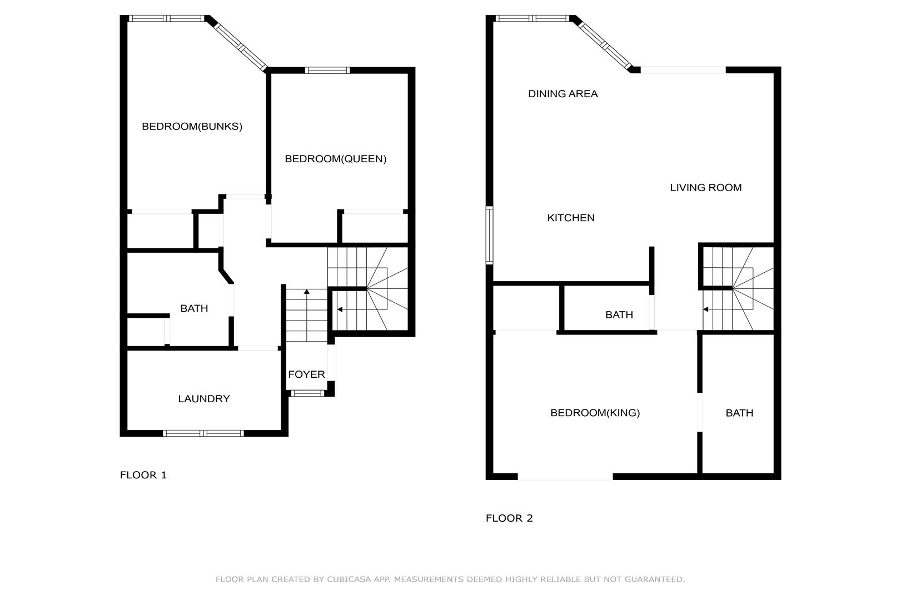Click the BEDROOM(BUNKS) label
click(192, 127)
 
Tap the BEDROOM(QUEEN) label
click(336, 159)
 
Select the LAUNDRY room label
click(204, 398)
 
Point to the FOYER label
click(306, 374)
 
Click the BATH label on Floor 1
click(194, 308)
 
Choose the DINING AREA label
click(562, 94)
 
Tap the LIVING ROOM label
click(705, 187)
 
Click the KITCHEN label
click(571, 218)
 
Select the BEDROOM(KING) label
click(595, 413)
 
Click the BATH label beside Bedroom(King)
click(739, 413)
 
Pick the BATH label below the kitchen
click(619, 314)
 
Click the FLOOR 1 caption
click(143, 475)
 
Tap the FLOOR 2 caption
click(509, 518)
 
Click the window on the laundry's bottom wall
click(203, 433)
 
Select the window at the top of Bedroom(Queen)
click(327, 71)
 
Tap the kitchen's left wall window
click(490, 235)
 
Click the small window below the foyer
click(307, 393)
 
